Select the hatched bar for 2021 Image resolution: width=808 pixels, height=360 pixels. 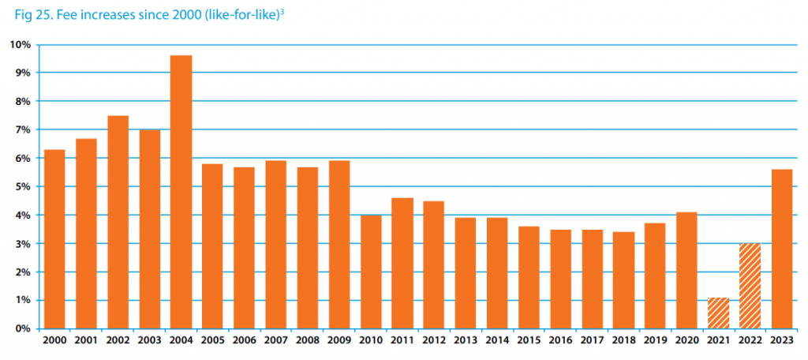tap(718, 313)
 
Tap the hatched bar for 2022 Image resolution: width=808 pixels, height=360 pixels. tap(750, 286)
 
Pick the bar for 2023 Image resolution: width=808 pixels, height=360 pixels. tap(781, 249)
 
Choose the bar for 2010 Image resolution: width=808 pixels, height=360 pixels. tap(371, 272)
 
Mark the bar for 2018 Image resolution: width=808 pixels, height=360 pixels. tap(623, 280)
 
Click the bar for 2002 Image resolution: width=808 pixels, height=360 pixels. tap(118, 222)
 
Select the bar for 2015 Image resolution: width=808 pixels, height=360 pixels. tap(529, 277)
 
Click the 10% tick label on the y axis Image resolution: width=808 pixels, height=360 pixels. tap(20, 44)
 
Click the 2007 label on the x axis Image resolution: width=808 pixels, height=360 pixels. tap(275, 342)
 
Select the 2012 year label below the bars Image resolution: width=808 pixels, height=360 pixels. tap(433, 342)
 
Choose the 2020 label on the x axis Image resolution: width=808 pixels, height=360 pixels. tap(686, 342)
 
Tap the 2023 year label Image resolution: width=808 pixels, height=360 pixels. tap(781, 342)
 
